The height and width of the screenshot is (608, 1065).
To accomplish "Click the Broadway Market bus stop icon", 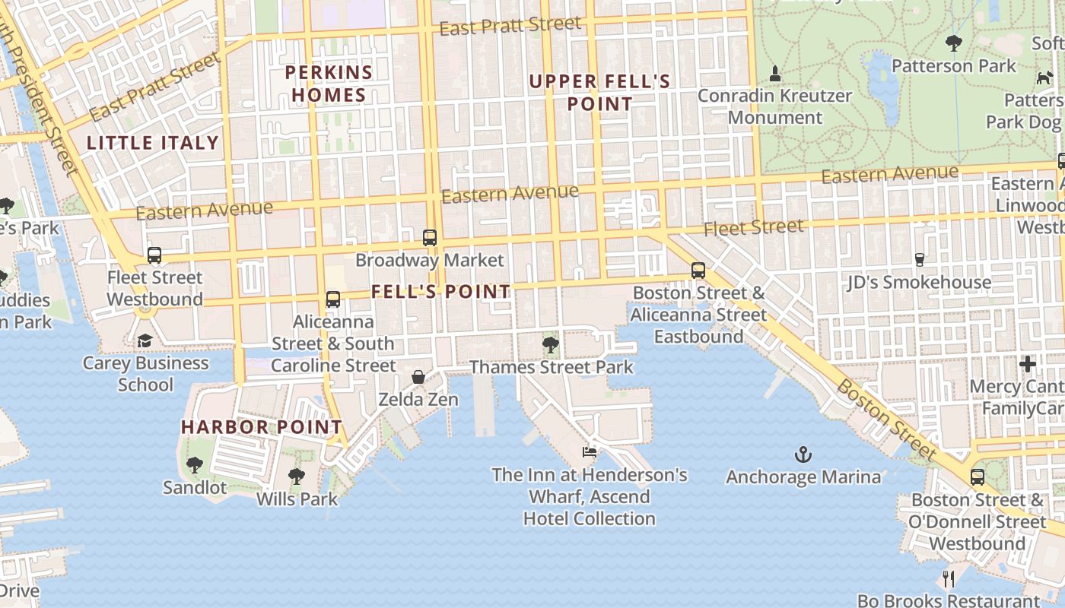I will pyautogui.click(x=430, y=238).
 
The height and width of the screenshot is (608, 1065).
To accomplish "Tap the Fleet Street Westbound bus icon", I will pyautogui.click(x=154, y=255).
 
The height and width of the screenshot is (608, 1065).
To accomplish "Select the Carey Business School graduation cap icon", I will pyautogui.click(x=145, y=341).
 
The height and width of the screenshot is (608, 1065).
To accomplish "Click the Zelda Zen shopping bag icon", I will pyautogui.click(x=418, y=377).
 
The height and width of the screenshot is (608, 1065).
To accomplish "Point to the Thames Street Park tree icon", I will pyautogui.click(x=551, y=346).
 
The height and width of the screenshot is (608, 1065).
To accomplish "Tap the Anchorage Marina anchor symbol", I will pyautogui.click(x=803, y=455).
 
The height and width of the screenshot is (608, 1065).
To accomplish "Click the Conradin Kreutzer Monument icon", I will pyautogui.click(x=775, y=74).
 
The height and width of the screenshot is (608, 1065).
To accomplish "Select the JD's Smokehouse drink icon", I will pyautogui.click(x=919, y=260).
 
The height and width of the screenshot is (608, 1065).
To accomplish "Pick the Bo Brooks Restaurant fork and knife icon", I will pyautogui.click(x=949, y=579).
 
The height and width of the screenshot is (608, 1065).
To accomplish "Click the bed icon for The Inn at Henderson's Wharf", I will pyautogui.click(x=590, y=452).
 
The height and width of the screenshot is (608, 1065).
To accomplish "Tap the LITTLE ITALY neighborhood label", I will pyautogui.click(x=153, y=142).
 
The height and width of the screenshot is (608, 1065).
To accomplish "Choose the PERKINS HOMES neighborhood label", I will pyautogui.click(x=329, y=84).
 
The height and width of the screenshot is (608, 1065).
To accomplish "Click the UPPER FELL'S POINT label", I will pyautogui.click(x=600, y=92).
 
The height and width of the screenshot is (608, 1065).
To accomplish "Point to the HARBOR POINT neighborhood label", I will pyautogui.click(x=262, y=427).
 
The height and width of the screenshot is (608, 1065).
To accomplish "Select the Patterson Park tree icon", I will pyautogui.click(x=953, y=43).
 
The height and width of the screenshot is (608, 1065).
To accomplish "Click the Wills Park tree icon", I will pyautogui.click(x=297, y=477).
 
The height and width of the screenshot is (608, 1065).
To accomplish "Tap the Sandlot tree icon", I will pyautogui.click(x=195, y=465).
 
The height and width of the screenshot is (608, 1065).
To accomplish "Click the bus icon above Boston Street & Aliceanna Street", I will pyautogui.click(x=698, y=271).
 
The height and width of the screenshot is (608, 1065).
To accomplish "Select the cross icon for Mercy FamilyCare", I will pyautogui.click(x=1028, y=364).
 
